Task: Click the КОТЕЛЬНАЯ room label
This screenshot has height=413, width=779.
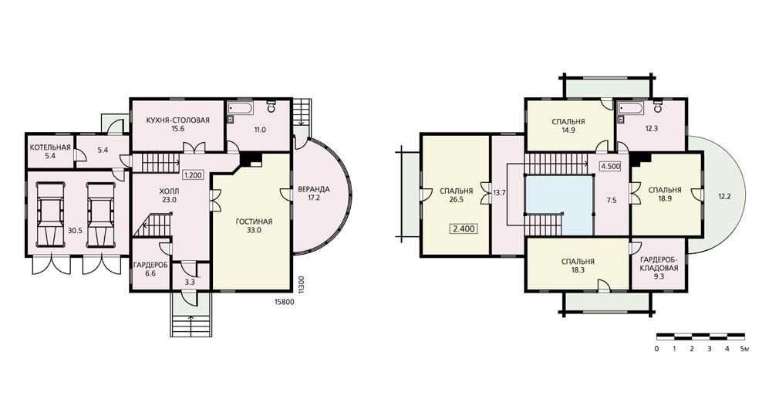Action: [x=50, y=147]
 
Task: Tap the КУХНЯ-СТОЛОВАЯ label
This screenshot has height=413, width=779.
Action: [x=178, y=120]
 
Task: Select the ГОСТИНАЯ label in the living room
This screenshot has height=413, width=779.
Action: [x=254, y=222]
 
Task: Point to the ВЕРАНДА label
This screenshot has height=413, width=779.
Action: [x=314, y=189]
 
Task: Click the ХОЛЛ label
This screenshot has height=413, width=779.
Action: [x=170, y=191]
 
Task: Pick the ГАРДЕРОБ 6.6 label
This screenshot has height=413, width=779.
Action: [x=150, y=269]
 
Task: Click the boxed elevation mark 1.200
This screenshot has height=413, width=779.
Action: [x=194, y=175]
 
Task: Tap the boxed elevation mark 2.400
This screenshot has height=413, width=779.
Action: [x=464, y=229]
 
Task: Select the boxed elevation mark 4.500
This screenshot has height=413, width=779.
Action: [x=611, y=167]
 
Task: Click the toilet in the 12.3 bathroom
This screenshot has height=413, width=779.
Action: [x=657, y=106]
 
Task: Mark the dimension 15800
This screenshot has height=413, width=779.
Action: [x=285, y=302]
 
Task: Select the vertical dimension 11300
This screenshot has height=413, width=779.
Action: [x=301, y=286]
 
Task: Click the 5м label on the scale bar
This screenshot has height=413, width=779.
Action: [x=744, y=349]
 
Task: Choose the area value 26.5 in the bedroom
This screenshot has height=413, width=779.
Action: [x=456, y=200]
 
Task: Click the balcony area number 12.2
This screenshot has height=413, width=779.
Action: [x=724, y=196]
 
